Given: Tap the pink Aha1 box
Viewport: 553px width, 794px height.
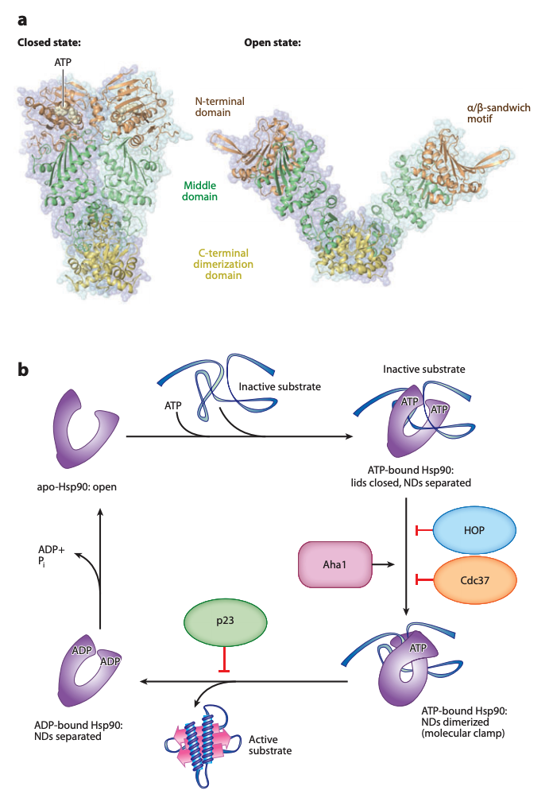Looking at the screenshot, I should tap(335, 564).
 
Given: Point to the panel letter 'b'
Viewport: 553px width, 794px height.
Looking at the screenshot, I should tap(24, 370).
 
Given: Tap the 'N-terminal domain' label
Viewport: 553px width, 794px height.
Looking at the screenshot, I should tap(220, 107).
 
